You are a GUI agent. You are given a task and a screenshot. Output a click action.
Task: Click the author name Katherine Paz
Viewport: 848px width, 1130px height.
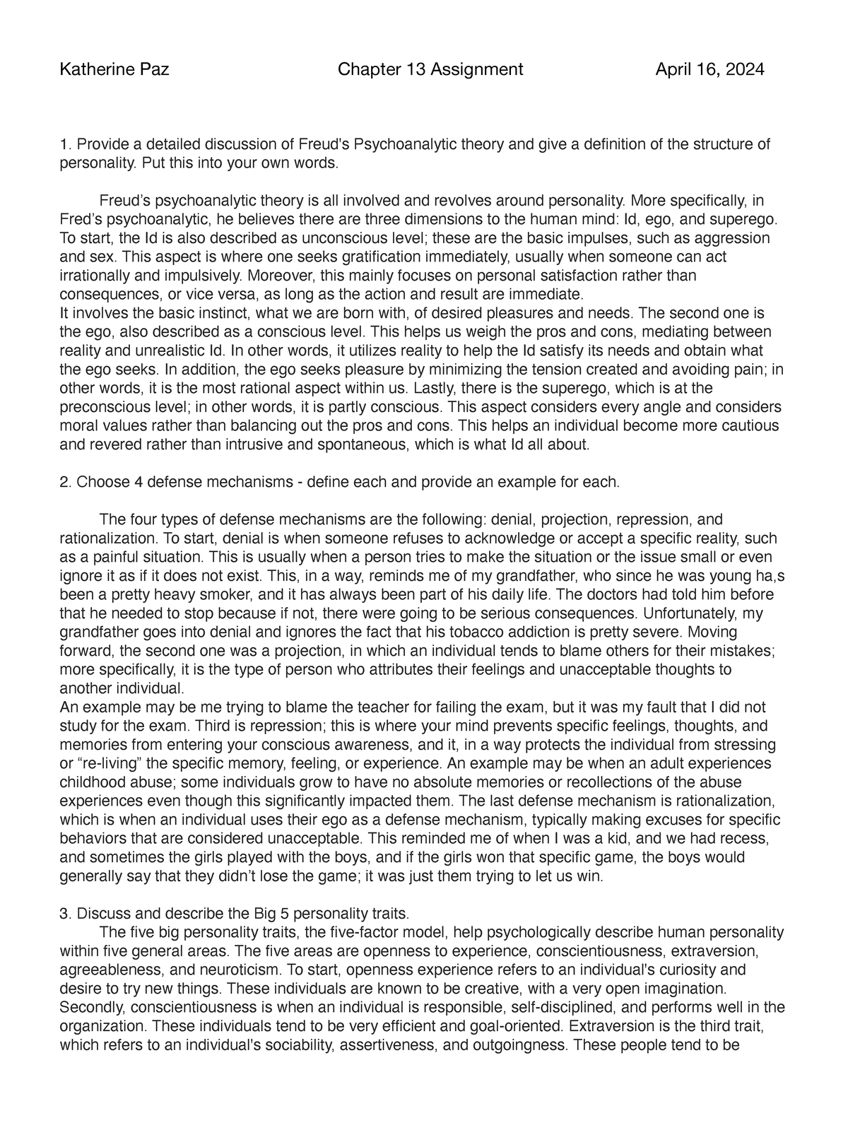pos(114,69)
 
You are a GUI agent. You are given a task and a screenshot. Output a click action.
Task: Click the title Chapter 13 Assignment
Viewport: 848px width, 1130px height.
pos(430,69)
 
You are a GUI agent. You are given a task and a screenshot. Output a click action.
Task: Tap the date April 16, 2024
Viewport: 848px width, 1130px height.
pos(709,69)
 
